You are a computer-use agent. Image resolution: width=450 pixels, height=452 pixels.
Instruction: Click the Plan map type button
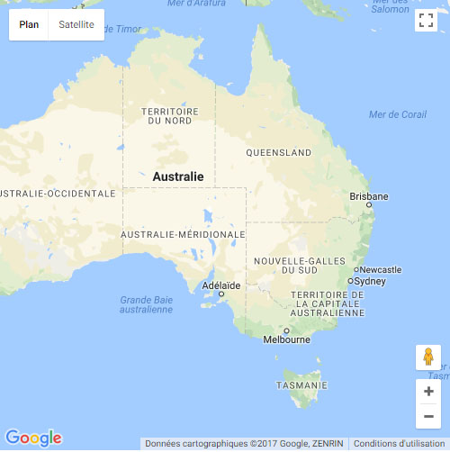pos(29,24)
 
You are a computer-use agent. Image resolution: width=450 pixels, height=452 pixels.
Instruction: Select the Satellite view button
pos(76,24)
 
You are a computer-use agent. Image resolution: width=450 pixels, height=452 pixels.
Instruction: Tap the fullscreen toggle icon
pos(426,21)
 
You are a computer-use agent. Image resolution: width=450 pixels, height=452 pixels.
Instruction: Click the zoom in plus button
pos(428,392)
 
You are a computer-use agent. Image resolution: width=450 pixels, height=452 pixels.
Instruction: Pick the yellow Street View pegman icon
pos(428,357)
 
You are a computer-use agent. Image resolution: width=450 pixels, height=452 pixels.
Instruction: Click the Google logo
pos(33,438)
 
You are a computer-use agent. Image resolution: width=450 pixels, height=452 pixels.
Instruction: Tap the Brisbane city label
pos(369,196)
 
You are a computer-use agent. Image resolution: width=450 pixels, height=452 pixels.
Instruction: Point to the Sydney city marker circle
pos(351,281)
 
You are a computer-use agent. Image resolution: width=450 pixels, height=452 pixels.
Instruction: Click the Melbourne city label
pos(286,339)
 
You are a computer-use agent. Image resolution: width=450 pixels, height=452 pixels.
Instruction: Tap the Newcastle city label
pos(380,270)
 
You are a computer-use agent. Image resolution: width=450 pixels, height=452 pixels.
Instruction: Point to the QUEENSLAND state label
pos(279,153)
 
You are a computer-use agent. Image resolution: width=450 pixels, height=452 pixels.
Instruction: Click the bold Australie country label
pos(178,177)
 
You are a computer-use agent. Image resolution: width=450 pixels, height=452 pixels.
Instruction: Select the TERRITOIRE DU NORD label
pos(170,116)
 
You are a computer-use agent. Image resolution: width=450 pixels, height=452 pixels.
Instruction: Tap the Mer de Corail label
pos(398,114)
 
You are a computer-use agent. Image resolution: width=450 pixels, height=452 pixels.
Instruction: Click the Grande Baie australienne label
pos(146,304)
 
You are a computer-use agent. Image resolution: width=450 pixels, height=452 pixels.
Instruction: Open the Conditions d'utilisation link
pos(399,443)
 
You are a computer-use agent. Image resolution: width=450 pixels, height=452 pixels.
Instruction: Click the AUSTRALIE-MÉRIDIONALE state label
pos(183,234)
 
